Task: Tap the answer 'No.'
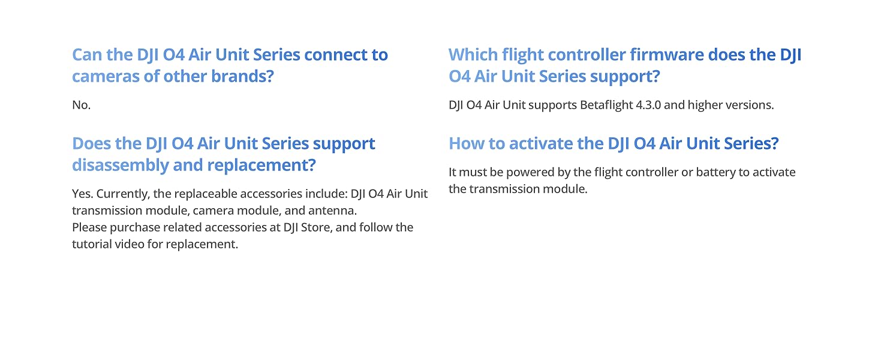click(81, 105)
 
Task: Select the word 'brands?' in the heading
click(242, 76)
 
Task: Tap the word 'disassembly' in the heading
click(121, 165)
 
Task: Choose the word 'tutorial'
click(91, 244)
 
